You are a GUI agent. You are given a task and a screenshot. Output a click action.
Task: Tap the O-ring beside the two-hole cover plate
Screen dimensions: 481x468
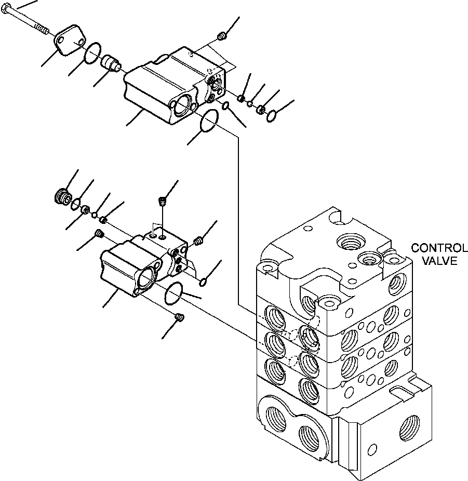[x=92, y=52]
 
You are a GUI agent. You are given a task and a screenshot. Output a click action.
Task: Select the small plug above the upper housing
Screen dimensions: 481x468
[x=222, y=36]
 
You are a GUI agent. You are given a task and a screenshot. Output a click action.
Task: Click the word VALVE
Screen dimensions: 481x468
[x=439, y=261]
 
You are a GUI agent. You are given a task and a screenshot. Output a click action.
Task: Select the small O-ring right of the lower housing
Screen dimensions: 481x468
[x=204, y=282]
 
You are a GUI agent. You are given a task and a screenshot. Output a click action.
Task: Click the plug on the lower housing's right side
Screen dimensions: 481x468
[x=197, y=240]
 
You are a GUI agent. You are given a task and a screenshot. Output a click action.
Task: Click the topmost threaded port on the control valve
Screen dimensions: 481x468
[x=347, y=240]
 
